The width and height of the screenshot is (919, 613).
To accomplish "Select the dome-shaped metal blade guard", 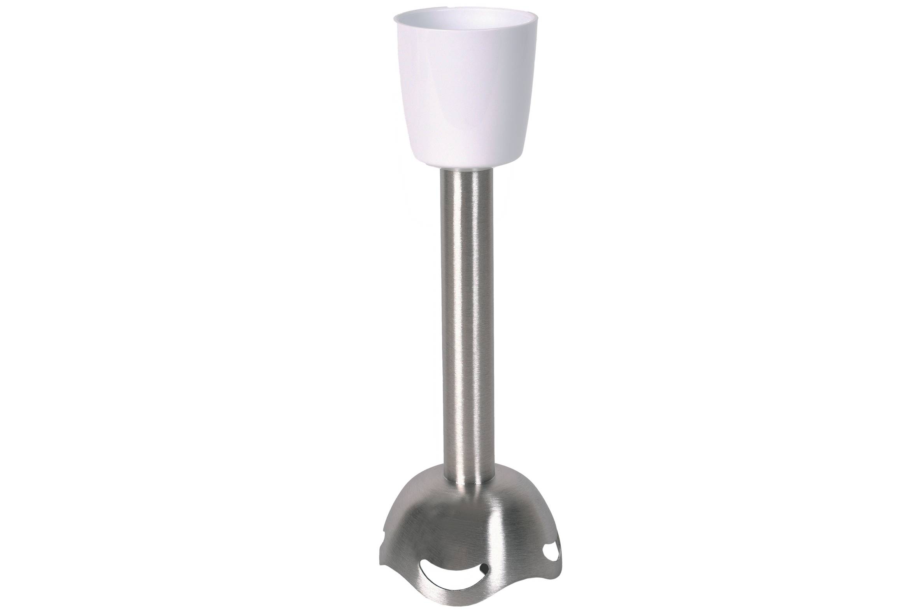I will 466,532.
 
